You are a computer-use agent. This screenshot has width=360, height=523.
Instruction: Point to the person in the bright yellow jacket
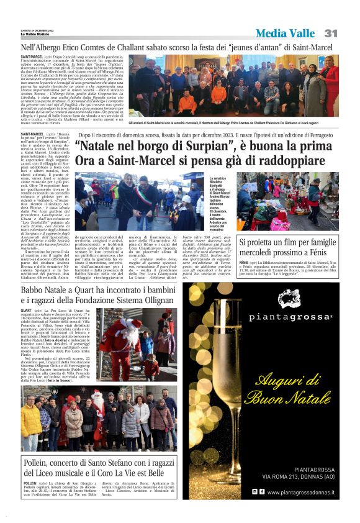[29, 422]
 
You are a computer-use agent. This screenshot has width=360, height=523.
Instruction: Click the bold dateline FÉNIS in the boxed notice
[244, 263]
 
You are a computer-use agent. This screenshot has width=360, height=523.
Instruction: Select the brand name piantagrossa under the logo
[289, 317]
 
